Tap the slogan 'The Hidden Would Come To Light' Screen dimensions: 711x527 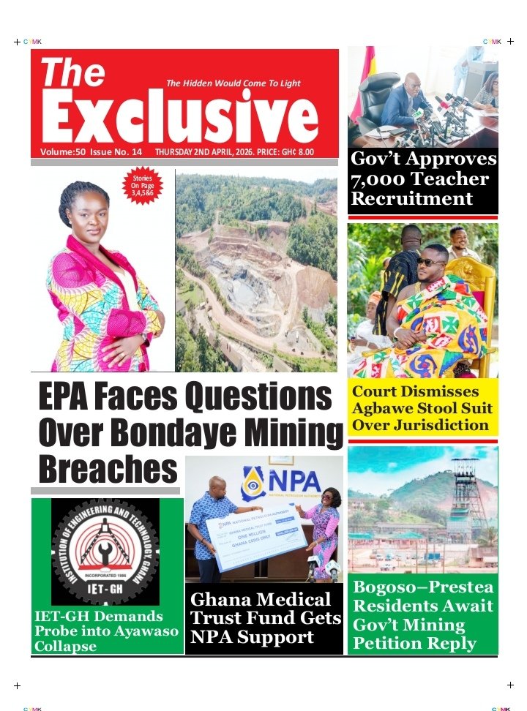point(233,83)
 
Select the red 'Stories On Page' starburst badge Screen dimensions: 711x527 point(143,187)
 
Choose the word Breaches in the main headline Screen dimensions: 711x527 point(108,468)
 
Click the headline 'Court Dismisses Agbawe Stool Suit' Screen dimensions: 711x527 point(421,407)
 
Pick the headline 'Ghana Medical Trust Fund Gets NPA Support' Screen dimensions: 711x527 point(265,618)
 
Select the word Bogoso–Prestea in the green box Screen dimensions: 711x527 point(423,587)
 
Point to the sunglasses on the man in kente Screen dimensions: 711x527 point(430,262)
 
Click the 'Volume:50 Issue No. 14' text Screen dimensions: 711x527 point(91,152)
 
